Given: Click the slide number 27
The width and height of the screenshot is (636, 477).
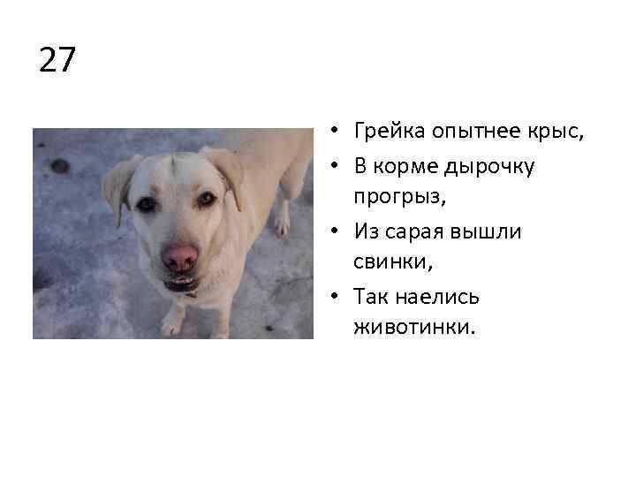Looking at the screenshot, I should click(58, 60).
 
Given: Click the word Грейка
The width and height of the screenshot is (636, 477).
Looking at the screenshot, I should click(390, 132).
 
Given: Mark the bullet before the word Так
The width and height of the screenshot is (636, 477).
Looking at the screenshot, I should click(337, 297).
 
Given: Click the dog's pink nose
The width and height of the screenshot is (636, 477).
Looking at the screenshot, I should click(180, 258).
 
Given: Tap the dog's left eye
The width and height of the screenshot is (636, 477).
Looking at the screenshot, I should click(147, 204).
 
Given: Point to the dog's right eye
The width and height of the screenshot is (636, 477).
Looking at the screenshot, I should click(207, 199).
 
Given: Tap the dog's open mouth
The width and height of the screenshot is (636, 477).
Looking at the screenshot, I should click(182, 284).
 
